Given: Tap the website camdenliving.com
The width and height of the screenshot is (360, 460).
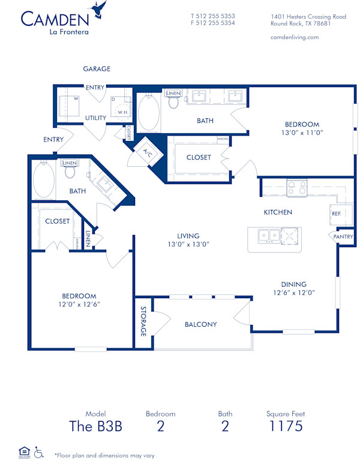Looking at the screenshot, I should [x=295, y=37].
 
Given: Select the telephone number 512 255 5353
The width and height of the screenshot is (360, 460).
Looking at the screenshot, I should [x=213, y=16].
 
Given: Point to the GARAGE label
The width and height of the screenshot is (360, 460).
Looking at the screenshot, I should [x=97, y=69].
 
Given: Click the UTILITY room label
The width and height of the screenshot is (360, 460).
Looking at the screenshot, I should [x=95, y=118].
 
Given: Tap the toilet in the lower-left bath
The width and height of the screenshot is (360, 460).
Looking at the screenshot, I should [x=70, y=172].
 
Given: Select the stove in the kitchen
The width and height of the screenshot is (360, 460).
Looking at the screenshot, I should [x=297, y=188].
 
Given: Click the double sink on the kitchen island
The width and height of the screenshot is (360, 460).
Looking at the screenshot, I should [x=268, y=236].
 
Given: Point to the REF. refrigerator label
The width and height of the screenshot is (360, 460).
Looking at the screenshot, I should [x=336, y=213].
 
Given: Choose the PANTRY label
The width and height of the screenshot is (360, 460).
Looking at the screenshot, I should [x=343, y=237].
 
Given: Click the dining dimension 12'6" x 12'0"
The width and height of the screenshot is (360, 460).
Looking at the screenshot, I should [x=294, y=293].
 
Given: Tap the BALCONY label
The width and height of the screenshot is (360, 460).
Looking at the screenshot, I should [x=200, y=324].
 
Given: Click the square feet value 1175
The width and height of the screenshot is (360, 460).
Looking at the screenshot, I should [x=284, y=426].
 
